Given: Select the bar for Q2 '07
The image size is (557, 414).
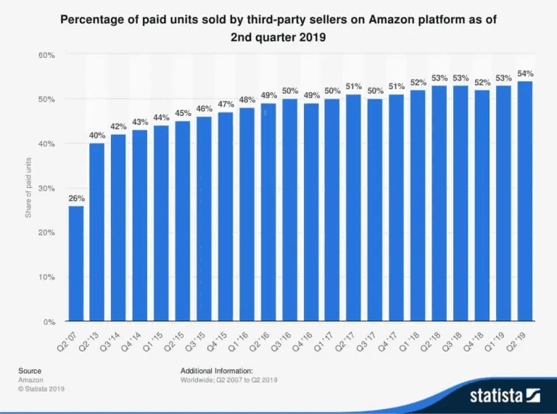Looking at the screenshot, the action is [76, 263].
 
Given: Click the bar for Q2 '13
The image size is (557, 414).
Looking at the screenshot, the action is [97, 232].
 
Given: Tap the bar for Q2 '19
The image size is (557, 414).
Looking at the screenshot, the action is [525, 202].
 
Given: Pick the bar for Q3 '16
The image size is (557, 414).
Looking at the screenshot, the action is [290, 210].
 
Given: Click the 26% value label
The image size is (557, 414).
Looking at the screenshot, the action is [76, 199].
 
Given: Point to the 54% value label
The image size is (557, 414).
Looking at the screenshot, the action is [525, 74].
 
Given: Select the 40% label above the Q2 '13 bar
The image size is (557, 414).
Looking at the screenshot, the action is [97, 136].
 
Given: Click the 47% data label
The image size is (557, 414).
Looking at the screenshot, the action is [226, 104].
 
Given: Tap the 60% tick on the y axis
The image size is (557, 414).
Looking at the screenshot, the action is [46, 55].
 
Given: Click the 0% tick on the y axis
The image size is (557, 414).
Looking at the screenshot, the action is [49, 322].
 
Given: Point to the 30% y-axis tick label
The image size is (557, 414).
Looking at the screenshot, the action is [46, 189].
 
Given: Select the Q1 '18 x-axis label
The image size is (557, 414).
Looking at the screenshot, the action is [409, 341].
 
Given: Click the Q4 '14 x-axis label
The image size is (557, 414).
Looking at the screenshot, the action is [131, 341].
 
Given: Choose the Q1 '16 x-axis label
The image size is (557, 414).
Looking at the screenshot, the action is [238, 341].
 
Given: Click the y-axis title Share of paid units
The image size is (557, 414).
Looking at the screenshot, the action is [28, 188].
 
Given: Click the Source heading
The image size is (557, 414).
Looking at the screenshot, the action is [30, 370].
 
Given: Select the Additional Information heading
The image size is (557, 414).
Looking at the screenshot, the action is [217, 370].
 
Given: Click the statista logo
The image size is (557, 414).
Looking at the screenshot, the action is [505, 396].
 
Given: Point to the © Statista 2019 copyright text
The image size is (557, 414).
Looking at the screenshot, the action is [41, 389].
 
